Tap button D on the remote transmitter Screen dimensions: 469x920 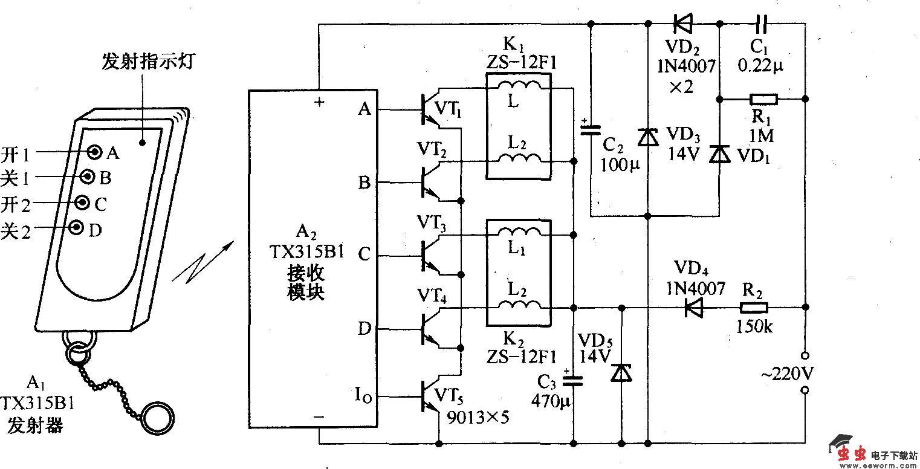77,227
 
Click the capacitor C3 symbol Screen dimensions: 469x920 572,380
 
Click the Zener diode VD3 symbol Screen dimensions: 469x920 648,137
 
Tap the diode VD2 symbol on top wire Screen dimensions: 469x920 683,24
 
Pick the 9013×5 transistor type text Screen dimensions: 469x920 475,416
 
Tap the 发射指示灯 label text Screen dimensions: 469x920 147,62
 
